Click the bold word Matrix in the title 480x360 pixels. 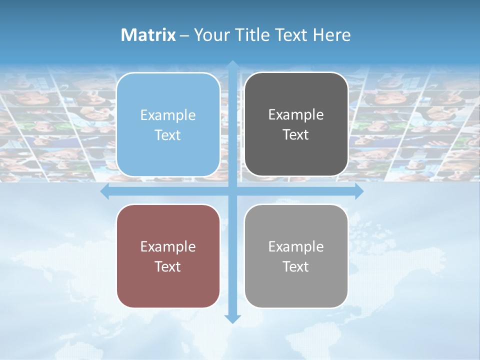(148, 35)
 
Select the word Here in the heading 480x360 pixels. (332, 35)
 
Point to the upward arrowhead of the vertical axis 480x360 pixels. (232, 65)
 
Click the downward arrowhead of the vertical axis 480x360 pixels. (232, 318)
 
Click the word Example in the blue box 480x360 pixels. (168, 115)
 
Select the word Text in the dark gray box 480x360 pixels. (296, 135)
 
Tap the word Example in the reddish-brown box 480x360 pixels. (168, 247)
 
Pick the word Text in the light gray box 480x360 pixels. (296, 266)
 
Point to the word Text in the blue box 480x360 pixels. (168, 135)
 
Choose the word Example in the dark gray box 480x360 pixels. (296, 115)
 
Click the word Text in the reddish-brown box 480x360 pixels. (168, 266)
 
